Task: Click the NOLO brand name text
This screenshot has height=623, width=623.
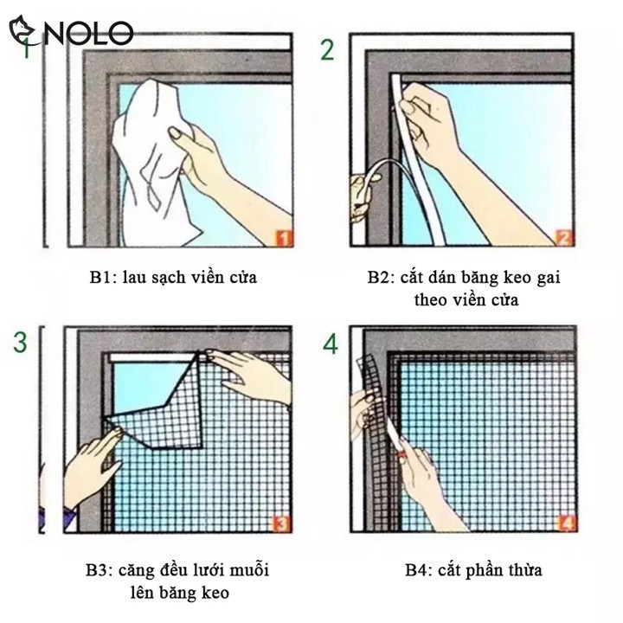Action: click(88, 33)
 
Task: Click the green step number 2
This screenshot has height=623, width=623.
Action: click(327, 49)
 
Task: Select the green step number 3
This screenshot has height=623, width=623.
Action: click(20, 342)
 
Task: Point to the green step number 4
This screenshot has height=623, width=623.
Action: click(330, 344)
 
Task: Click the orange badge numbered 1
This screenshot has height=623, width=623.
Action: click(284, 239)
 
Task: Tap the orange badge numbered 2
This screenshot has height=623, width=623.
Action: click(564, 238)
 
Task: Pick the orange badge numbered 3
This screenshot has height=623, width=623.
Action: click(281, 523)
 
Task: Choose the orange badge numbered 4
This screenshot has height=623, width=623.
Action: click(567, 523)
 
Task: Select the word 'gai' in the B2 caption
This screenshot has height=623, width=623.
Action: click(549, 278)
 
